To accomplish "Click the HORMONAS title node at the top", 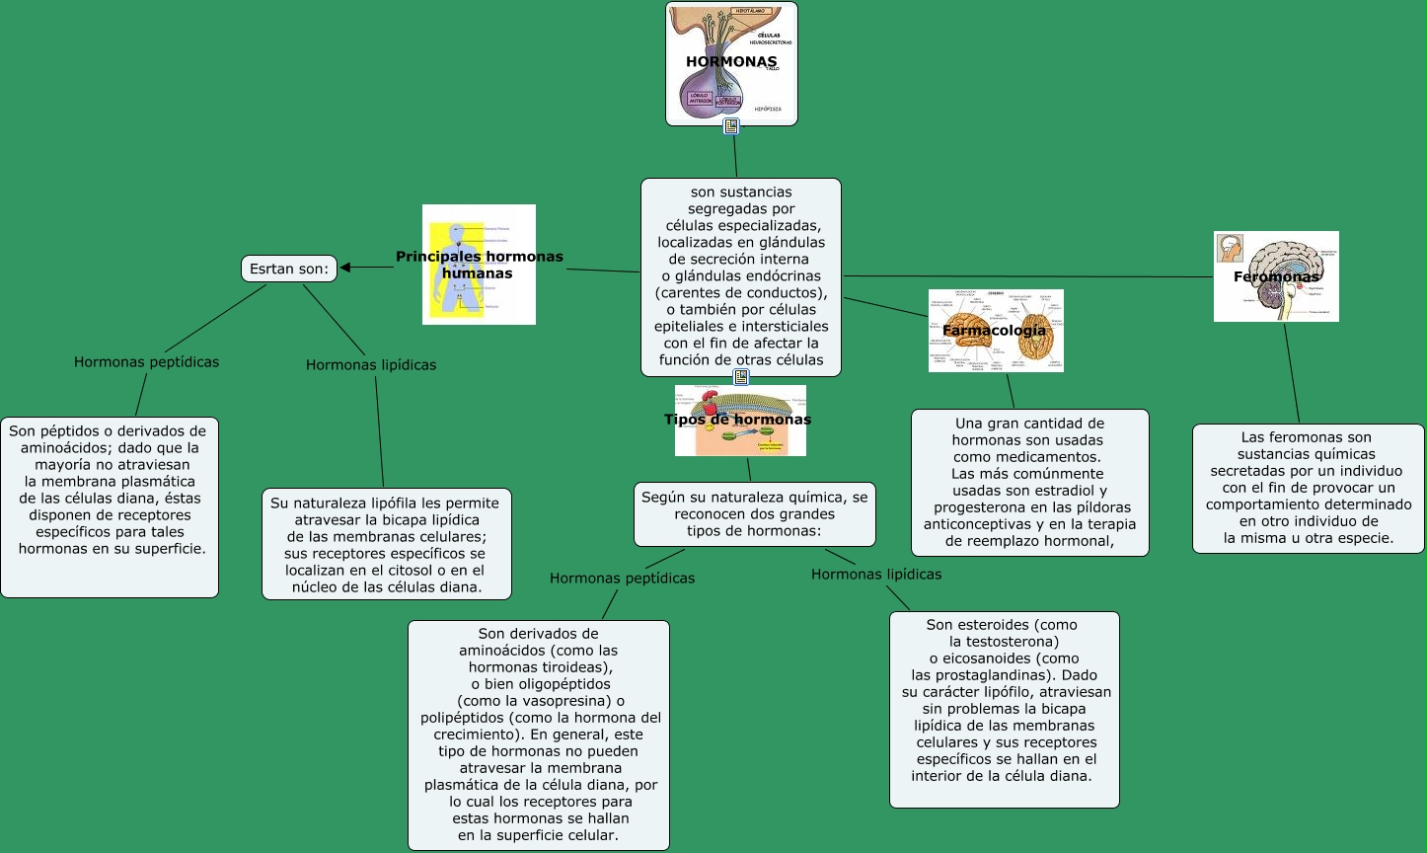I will click(731, 62).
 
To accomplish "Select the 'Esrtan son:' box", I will click(289, 268).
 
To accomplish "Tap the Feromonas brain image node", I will click(1276, 276).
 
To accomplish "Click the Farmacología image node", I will click(995, 330).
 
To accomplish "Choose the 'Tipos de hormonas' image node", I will click(739, 420).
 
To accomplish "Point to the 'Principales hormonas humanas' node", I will click(480, 265).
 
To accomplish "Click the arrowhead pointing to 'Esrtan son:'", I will click(347, 267).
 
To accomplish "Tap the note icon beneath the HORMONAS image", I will click(731, 126).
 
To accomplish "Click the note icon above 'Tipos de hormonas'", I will click(741, 377).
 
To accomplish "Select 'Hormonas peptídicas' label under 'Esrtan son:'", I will click(146, 362).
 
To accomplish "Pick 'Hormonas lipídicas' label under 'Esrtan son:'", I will click(371, 365).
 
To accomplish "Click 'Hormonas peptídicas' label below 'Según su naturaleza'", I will click(622, 579).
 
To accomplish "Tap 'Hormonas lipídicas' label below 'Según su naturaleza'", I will click(876, 575).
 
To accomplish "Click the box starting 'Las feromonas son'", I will click(1308, 488).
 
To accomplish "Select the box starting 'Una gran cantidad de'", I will click(1029, 482).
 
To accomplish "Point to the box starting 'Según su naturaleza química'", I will click(754, 513).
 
